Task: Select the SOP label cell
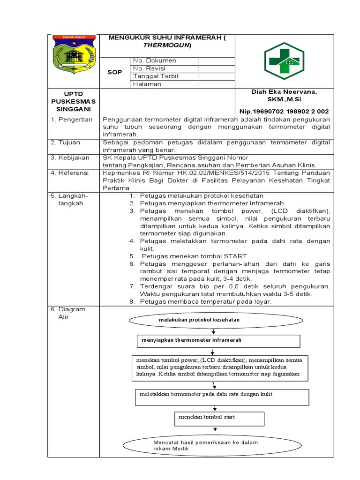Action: pos(115,73)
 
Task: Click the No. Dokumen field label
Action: pos(154,60)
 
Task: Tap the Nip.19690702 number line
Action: pos(284,111)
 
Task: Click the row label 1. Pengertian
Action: pos(72,120)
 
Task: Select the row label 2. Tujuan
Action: pos(66,142)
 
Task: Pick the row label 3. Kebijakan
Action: pos(70,157)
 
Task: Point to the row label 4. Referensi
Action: pos(70,173)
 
